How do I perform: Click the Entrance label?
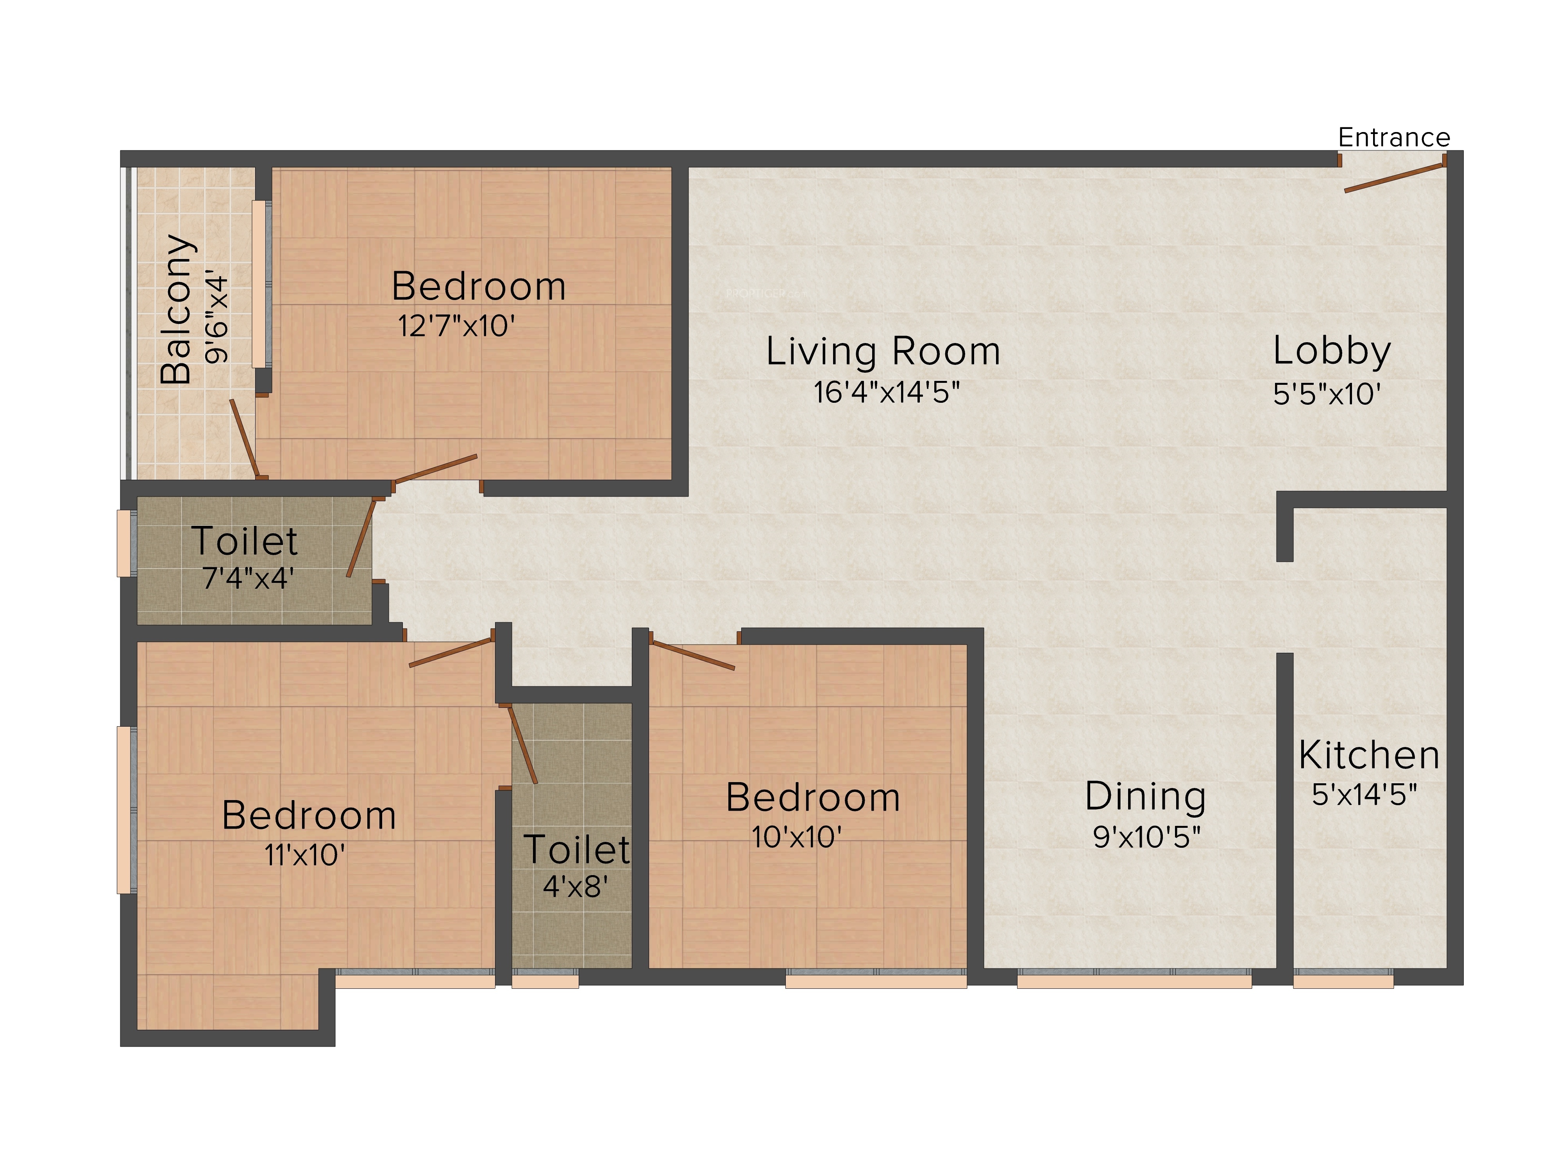pyautogui.click(x=1393, y=137)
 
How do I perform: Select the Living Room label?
pyautogui.click(x=883, y=351)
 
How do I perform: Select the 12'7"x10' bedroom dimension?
pyautogui.click(x=456, y=326)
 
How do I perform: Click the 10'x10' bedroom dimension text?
pyautogui.click(x=796, y=837)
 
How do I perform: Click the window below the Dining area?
pyautogui.click(x=1134, y=979)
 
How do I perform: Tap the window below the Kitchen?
pyautogui.click(x=1343, y=979)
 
